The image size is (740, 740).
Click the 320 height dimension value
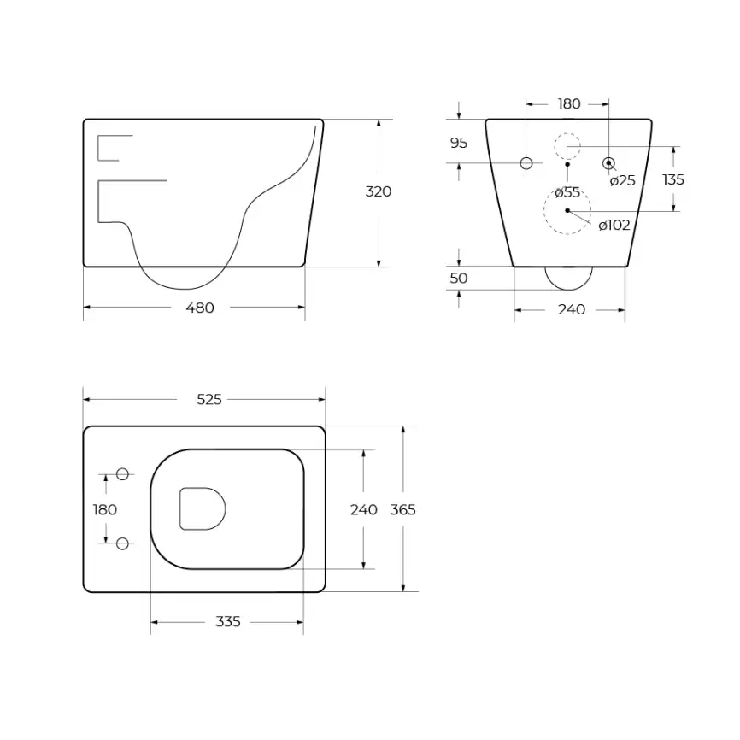(x=379, y=191)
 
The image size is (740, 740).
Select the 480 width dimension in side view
(x=200, y=308)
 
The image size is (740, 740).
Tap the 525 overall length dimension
(x=208, y=399)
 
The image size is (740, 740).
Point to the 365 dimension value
(x=402, y=509)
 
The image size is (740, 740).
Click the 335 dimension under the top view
(x=228, y=622)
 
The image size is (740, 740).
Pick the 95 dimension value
(x=459, y=143)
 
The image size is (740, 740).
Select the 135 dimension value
(x=673, y=179)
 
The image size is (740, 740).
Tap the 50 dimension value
(x=459, y=279)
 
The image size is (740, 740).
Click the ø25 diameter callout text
(x=623, y=180)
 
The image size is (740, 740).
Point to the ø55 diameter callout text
(x=567, y=192)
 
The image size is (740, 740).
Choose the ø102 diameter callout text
(x=614, y=226)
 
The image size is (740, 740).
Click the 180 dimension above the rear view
(x=569, y=104)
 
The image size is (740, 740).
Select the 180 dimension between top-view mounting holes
(x=105, y=509)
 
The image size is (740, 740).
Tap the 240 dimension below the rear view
(x=572, y=309)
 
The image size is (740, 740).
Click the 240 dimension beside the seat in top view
(x=364, y=509)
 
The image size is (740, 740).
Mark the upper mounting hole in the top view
(x=122, y=474)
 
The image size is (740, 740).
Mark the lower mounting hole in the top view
(x=122, y=543)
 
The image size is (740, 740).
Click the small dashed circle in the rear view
(x=567, y=146)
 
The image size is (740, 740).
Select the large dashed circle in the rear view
(x=567, y=210)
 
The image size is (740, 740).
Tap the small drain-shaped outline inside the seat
(x=202, y=508)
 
